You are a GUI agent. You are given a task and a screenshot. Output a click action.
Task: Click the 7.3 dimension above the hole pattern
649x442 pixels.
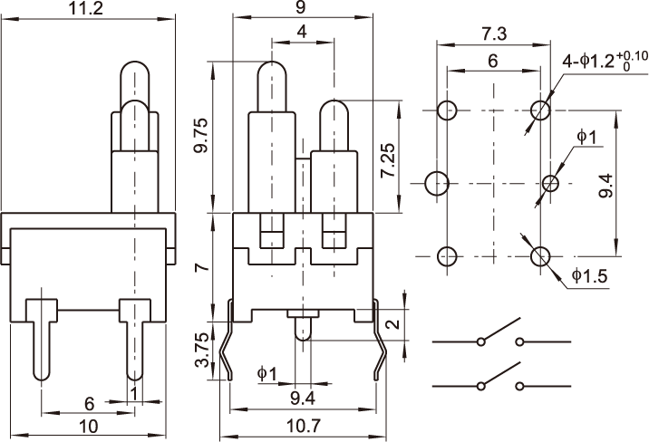(493, 34)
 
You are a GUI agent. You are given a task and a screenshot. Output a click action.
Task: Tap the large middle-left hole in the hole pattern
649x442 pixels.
(437, 182)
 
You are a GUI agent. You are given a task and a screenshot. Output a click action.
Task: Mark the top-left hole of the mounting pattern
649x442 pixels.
(445, 110)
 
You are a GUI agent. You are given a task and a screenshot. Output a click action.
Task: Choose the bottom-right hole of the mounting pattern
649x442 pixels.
(541, 256)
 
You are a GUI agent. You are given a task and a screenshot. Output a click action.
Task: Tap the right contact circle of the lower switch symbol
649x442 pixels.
(520, 387)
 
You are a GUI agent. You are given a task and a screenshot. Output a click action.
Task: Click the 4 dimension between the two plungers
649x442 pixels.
(301, 33)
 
